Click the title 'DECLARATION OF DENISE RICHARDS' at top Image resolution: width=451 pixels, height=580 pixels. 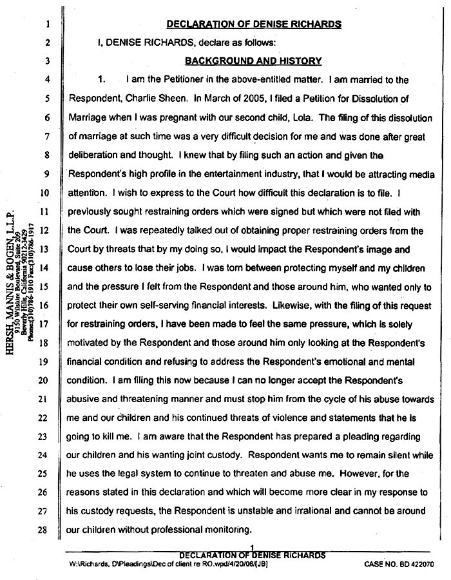(253, 24)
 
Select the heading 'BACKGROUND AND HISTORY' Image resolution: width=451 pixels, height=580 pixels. (253, 61)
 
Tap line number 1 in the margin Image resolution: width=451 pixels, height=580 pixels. (39, 25)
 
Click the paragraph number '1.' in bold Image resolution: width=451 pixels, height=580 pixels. (101, 81)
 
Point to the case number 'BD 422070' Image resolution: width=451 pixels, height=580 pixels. (412, 563)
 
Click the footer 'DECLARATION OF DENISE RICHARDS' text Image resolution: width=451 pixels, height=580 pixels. (253, 554)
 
